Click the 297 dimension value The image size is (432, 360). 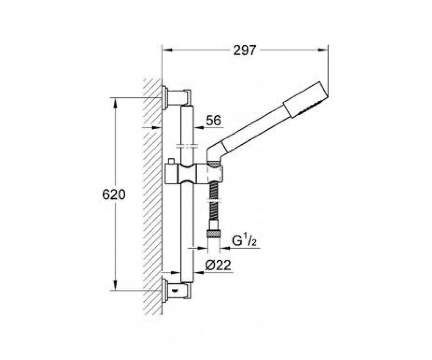tap(245, 50)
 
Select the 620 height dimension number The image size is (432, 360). tap(114, 194)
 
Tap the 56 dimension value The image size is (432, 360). tap(213, 120)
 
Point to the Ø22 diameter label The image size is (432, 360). tap(218, 265)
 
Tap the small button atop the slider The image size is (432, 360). tap(171, 162)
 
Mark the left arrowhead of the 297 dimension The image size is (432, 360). tap(167, 50)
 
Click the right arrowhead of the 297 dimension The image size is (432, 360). tap(323, 50)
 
